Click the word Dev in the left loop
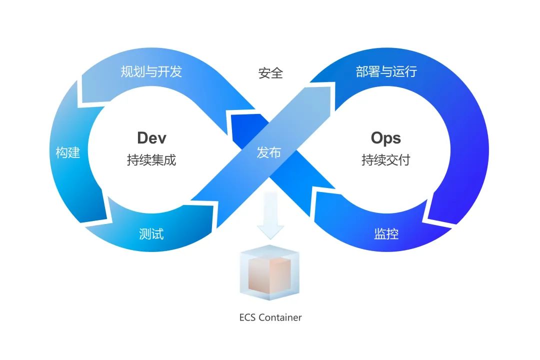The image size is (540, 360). tap(151, 138)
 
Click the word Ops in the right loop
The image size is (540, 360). tap(385, 138)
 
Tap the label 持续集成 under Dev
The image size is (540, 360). tap(151, 160)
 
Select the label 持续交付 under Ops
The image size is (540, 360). tap(385, 160)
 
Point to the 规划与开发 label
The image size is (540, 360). tap(151, 71)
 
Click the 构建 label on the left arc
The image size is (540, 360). tap(68, 152)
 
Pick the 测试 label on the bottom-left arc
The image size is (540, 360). tap(151, 234)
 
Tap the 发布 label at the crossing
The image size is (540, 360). tap(268, 152)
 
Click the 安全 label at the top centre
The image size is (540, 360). tap(270, 73)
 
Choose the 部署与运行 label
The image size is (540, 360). tap(386, 71)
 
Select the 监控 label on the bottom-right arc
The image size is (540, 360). tap(386, 234)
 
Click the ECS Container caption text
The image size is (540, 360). tap(270, 317)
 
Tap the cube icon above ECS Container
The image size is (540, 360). tap(269, 272)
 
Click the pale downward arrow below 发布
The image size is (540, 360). tap(270, 215)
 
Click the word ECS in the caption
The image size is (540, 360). tap(247, 317)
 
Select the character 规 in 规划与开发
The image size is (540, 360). tap(126, 71)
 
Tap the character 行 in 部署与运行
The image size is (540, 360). tap(411, 71)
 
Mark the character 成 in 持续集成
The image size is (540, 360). tap(170, 160)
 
